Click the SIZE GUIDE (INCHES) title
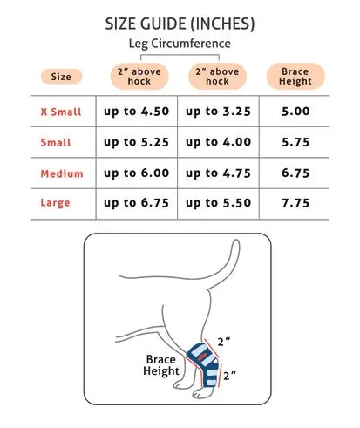[180, 24]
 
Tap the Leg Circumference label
[180, 44]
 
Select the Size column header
[61, 77]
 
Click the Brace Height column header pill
[295, 76]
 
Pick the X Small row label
[61, 112]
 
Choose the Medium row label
[62, 173]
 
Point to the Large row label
[55, 202]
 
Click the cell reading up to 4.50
[137, 112]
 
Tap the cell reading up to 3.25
[218, 112]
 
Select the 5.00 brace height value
[295, 112]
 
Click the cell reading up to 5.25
[137, 142]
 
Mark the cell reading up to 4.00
[219, 142]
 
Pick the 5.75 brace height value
[295, 142]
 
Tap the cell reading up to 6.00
[137, 173]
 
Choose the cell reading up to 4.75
[218, 173]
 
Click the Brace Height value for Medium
[295, 173]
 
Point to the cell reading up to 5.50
[219, 203]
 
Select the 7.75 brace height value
[295, 203]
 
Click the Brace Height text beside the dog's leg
[161, 365]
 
